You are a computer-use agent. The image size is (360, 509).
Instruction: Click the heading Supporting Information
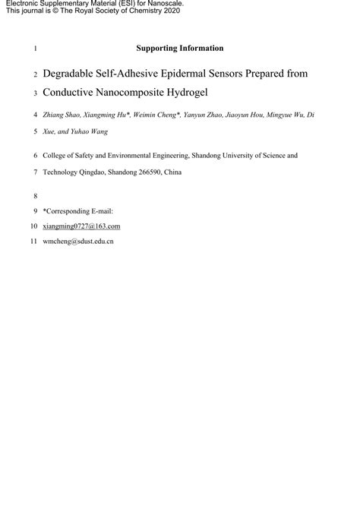coord(179,48)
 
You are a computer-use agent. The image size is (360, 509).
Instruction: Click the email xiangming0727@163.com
coord(81,226)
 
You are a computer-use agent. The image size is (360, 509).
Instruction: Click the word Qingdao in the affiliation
coord(92,172)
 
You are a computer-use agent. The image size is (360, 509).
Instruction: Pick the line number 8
coord(35,194)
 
